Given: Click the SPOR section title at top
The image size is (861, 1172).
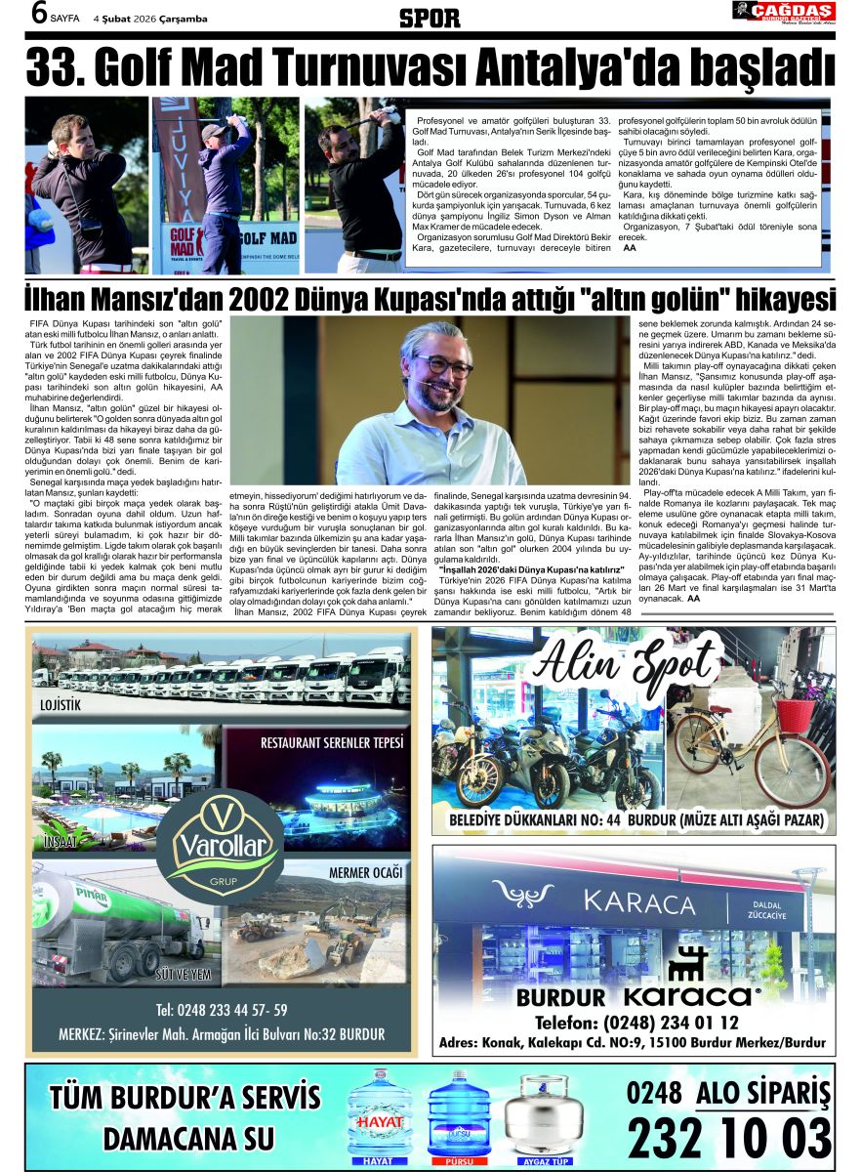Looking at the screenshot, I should [430, 17].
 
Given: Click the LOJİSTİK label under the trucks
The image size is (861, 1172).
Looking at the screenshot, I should [60, 704].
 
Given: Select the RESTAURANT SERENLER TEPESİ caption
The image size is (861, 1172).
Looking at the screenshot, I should [331, 742].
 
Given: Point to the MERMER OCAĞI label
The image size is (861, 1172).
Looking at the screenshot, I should [365, 871].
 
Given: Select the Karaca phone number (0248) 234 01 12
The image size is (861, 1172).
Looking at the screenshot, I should [636, 1023].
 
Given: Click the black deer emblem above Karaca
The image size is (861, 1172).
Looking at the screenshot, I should [688, 963].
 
